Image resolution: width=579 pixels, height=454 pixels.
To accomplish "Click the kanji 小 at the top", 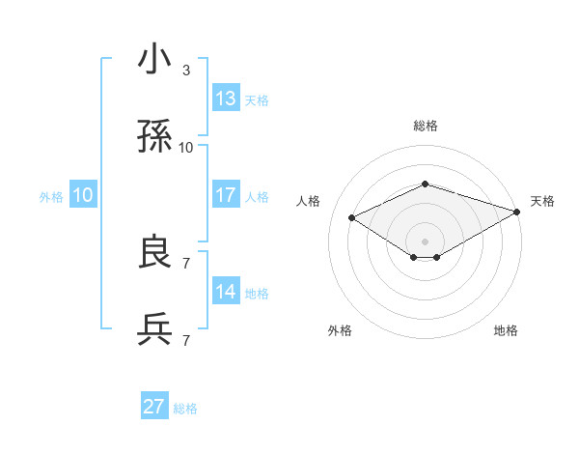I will point(155,60).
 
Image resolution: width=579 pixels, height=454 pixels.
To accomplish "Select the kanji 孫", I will point(155,137).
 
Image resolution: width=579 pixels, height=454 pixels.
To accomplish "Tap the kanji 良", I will point(155,253).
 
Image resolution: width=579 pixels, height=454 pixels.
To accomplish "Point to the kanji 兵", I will point(155,329).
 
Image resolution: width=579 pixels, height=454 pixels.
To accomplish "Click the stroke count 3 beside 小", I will point(186,71).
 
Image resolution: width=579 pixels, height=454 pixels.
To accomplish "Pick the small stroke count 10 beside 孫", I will point(186,148).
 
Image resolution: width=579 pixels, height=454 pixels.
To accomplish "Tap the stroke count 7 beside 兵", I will point(186,340).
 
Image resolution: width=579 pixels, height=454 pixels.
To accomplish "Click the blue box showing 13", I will point(226,99).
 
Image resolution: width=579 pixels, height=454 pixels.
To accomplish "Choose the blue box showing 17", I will point(226,195).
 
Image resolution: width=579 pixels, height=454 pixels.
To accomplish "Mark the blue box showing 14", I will point(226,292).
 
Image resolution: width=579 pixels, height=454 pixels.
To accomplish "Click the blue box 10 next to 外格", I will point(83,195).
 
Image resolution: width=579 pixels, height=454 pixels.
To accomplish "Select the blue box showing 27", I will point(154,407).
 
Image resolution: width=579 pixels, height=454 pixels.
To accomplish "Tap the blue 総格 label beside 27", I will point(185,409).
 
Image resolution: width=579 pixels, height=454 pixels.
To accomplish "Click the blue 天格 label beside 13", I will point(257,100).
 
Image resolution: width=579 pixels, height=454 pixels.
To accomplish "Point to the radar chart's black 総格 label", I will point(425,126).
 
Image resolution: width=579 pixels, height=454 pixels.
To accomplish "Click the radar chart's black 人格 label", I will point(309,201).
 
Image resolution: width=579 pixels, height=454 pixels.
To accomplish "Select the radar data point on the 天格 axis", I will point(518,211).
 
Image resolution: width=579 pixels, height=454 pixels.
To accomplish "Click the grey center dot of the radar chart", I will point(425,241).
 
